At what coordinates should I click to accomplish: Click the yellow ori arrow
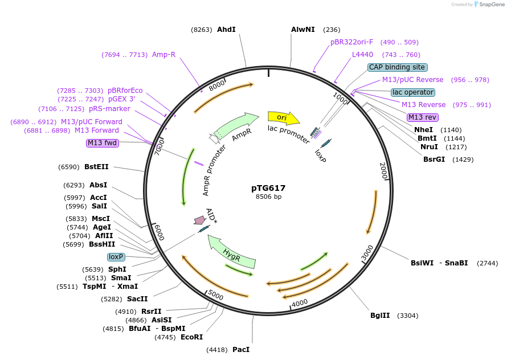pyautogui.click(x=283, y=117)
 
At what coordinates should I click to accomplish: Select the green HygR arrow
pyautogui.click(x=231, y=251)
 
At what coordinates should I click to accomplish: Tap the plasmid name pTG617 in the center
pyautogui.click(x=268, y=188)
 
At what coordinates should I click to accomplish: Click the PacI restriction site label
pyautogui.click(x=240, y=349)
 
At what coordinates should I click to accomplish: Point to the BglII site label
pyautogui.click(x=380, y=315)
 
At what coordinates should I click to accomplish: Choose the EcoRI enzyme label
pyautogui.click(x=191, y=337)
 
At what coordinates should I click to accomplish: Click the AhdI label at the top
pyautogui.click(x=226, y=30)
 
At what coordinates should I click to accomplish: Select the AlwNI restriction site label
pyautogui.click(x=302, y=30)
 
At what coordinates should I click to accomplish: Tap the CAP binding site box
pyautogui.click(x=398, y=67)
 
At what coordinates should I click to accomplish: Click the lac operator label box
pyautogui.click(x=413, y=92)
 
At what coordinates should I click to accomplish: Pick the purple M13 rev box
pyautogui.click(x=422, y=117)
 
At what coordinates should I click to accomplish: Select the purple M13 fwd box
pyautogui.click(x=103, y=143)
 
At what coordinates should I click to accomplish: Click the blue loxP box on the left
pyautogui.click(x=116, y=257)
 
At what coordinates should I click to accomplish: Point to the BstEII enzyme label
pyautogui.click(x=96, y=167)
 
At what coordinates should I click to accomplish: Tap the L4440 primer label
pyautogui.click(x=362, y=55)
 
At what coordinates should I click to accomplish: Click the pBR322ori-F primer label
pyautogui.click(x=352, y=42)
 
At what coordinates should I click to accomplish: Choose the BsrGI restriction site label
pyautogui.click(x=434, y=159)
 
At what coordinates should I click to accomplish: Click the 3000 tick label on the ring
pyautogui.click(x=367, y=251)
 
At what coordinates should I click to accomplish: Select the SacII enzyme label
pyautogui.click(x=137, y=298)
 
